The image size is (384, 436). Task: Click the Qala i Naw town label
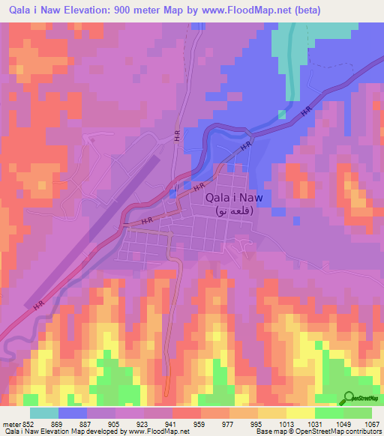pos(233,197)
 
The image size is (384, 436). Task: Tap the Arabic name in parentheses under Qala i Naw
pos(234,212)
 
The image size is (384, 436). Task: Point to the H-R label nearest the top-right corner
pos(305,111)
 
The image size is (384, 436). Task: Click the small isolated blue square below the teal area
pos(282,115)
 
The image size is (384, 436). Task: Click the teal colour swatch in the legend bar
pos(44,413)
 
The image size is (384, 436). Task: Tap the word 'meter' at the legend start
pos(11,424)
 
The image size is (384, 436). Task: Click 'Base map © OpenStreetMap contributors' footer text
pos(318,432)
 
